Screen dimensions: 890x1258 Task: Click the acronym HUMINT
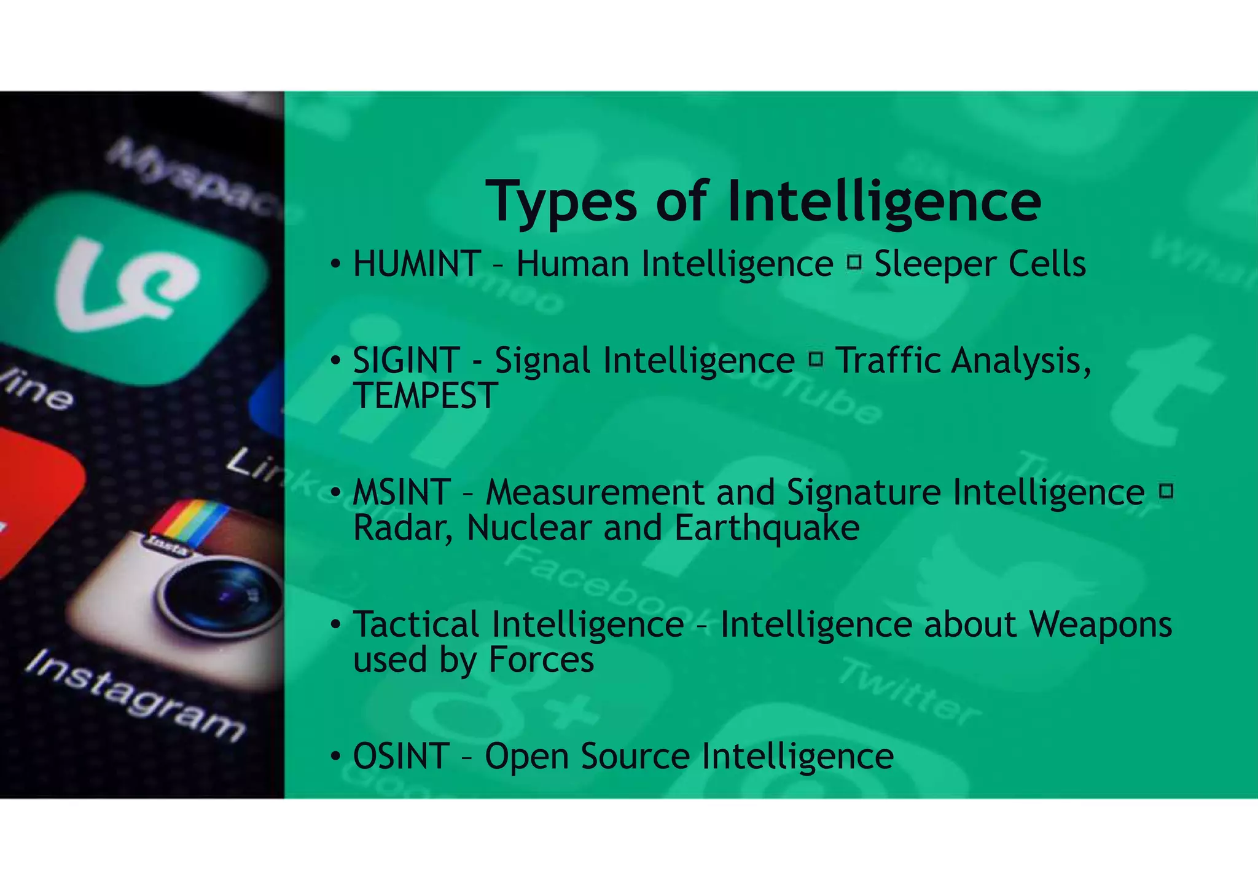416,264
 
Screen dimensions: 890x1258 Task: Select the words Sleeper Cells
980,264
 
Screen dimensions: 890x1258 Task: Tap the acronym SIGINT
406,361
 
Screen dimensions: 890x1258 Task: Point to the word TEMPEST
425,396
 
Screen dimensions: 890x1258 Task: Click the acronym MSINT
402,493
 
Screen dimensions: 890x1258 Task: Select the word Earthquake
767,528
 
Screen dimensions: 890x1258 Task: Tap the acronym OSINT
401,757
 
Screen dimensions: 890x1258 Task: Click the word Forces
541,660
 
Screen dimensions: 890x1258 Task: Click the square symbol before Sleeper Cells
853,263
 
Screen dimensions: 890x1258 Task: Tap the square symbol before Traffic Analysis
816,359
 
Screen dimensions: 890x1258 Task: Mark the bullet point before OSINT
335,757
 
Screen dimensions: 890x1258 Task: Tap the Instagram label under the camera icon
135,698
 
